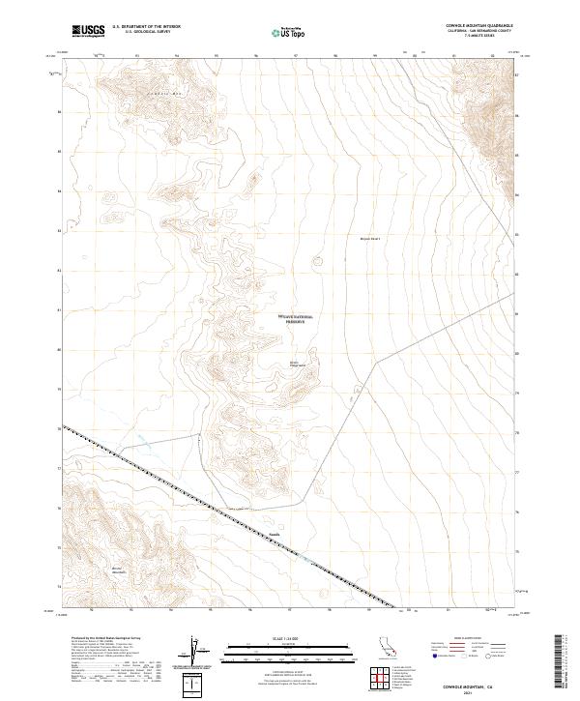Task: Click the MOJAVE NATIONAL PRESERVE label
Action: (x=296, y=319)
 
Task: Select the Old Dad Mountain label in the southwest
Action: (x=118, y=570)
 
